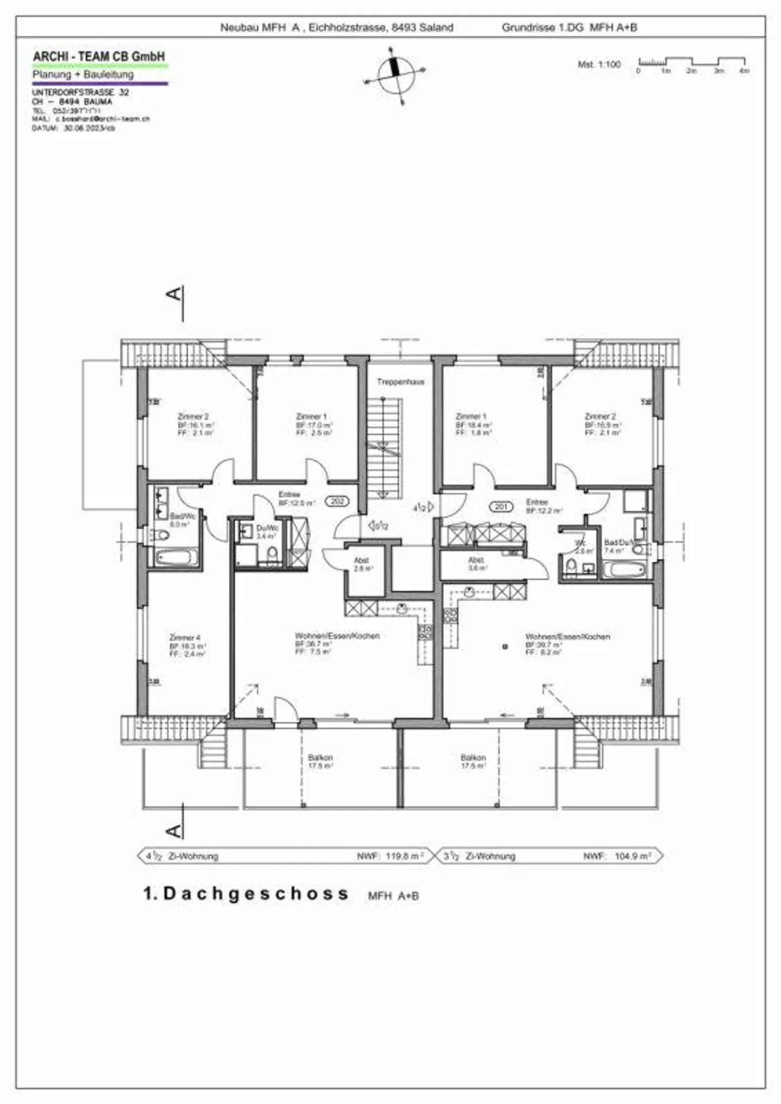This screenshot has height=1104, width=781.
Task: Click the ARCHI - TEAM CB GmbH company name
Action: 99,56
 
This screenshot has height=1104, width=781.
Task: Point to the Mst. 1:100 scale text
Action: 599,65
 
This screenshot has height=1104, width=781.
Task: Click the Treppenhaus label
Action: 401,382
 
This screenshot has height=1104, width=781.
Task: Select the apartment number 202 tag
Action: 337,501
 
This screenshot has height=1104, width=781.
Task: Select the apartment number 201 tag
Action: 501,506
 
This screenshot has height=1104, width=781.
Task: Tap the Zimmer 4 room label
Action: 185,637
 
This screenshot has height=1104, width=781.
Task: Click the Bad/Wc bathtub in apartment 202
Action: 177,557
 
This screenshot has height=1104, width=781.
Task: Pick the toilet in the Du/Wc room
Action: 272,553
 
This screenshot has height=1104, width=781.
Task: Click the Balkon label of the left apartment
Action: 320,757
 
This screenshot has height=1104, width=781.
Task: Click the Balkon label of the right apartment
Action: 473,757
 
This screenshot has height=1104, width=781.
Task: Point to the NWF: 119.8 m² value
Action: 390,856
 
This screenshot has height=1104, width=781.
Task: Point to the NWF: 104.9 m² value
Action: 617,856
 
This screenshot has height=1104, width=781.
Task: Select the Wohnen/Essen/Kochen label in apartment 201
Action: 567,636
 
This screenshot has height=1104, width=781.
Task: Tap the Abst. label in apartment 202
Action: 362,560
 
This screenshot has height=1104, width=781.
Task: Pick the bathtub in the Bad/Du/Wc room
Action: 625,570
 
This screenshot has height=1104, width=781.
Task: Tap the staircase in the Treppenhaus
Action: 384,448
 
